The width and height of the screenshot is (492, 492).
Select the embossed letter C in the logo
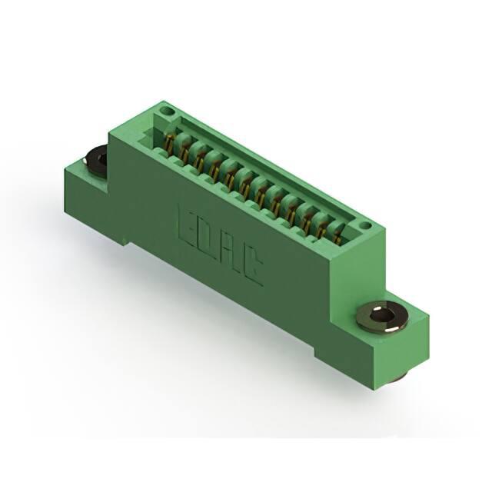[253, 266]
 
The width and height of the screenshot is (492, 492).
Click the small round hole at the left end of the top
[165, 111]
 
